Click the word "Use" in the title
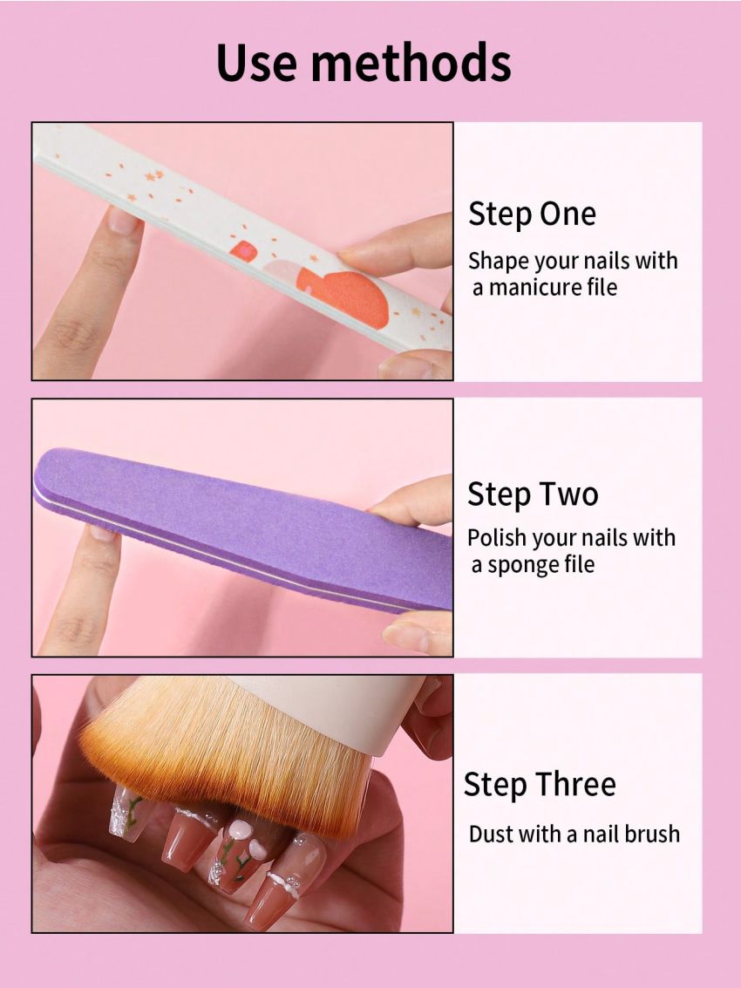(x=257, y=64)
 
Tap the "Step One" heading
(x=532, y=215)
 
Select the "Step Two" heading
(x=533, y=494)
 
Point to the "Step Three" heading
(x=539, y=785)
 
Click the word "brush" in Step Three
(x=650, y=834)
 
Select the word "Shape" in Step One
(x=496, y=261)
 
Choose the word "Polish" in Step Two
(x=494, y=538)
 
